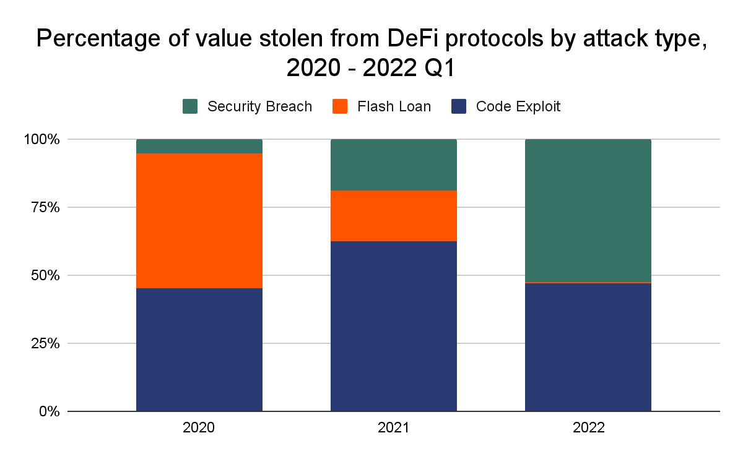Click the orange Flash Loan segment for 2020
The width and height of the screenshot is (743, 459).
coord(199,220)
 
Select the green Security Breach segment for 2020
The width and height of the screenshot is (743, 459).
coord(199,146)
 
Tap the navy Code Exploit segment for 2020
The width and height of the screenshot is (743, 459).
coord(199,350)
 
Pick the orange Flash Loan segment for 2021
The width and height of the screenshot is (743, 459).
coord(394,215)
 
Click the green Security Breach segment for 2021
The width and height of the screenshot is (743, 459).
coord(394,165)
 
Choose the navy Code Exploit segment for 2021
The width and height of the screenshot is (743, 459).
coord(394,326)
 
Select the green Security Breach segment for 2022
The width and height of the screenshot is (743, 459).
coord(588,210)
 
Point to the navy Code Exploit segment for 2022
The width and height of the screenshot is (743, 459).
coord(588,347)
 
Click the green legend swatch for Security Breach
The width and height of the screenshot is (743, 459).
coord(189,106)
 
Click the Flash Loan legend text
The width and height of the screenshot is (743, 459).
coord(394,106)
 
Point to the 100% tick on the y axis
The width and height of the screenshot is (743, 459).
coord(43,140)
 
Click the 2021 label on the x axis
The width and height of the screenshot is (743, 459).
coord(394,427)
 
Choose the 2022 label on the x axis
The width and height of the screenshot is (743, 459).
coord(588,427)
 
